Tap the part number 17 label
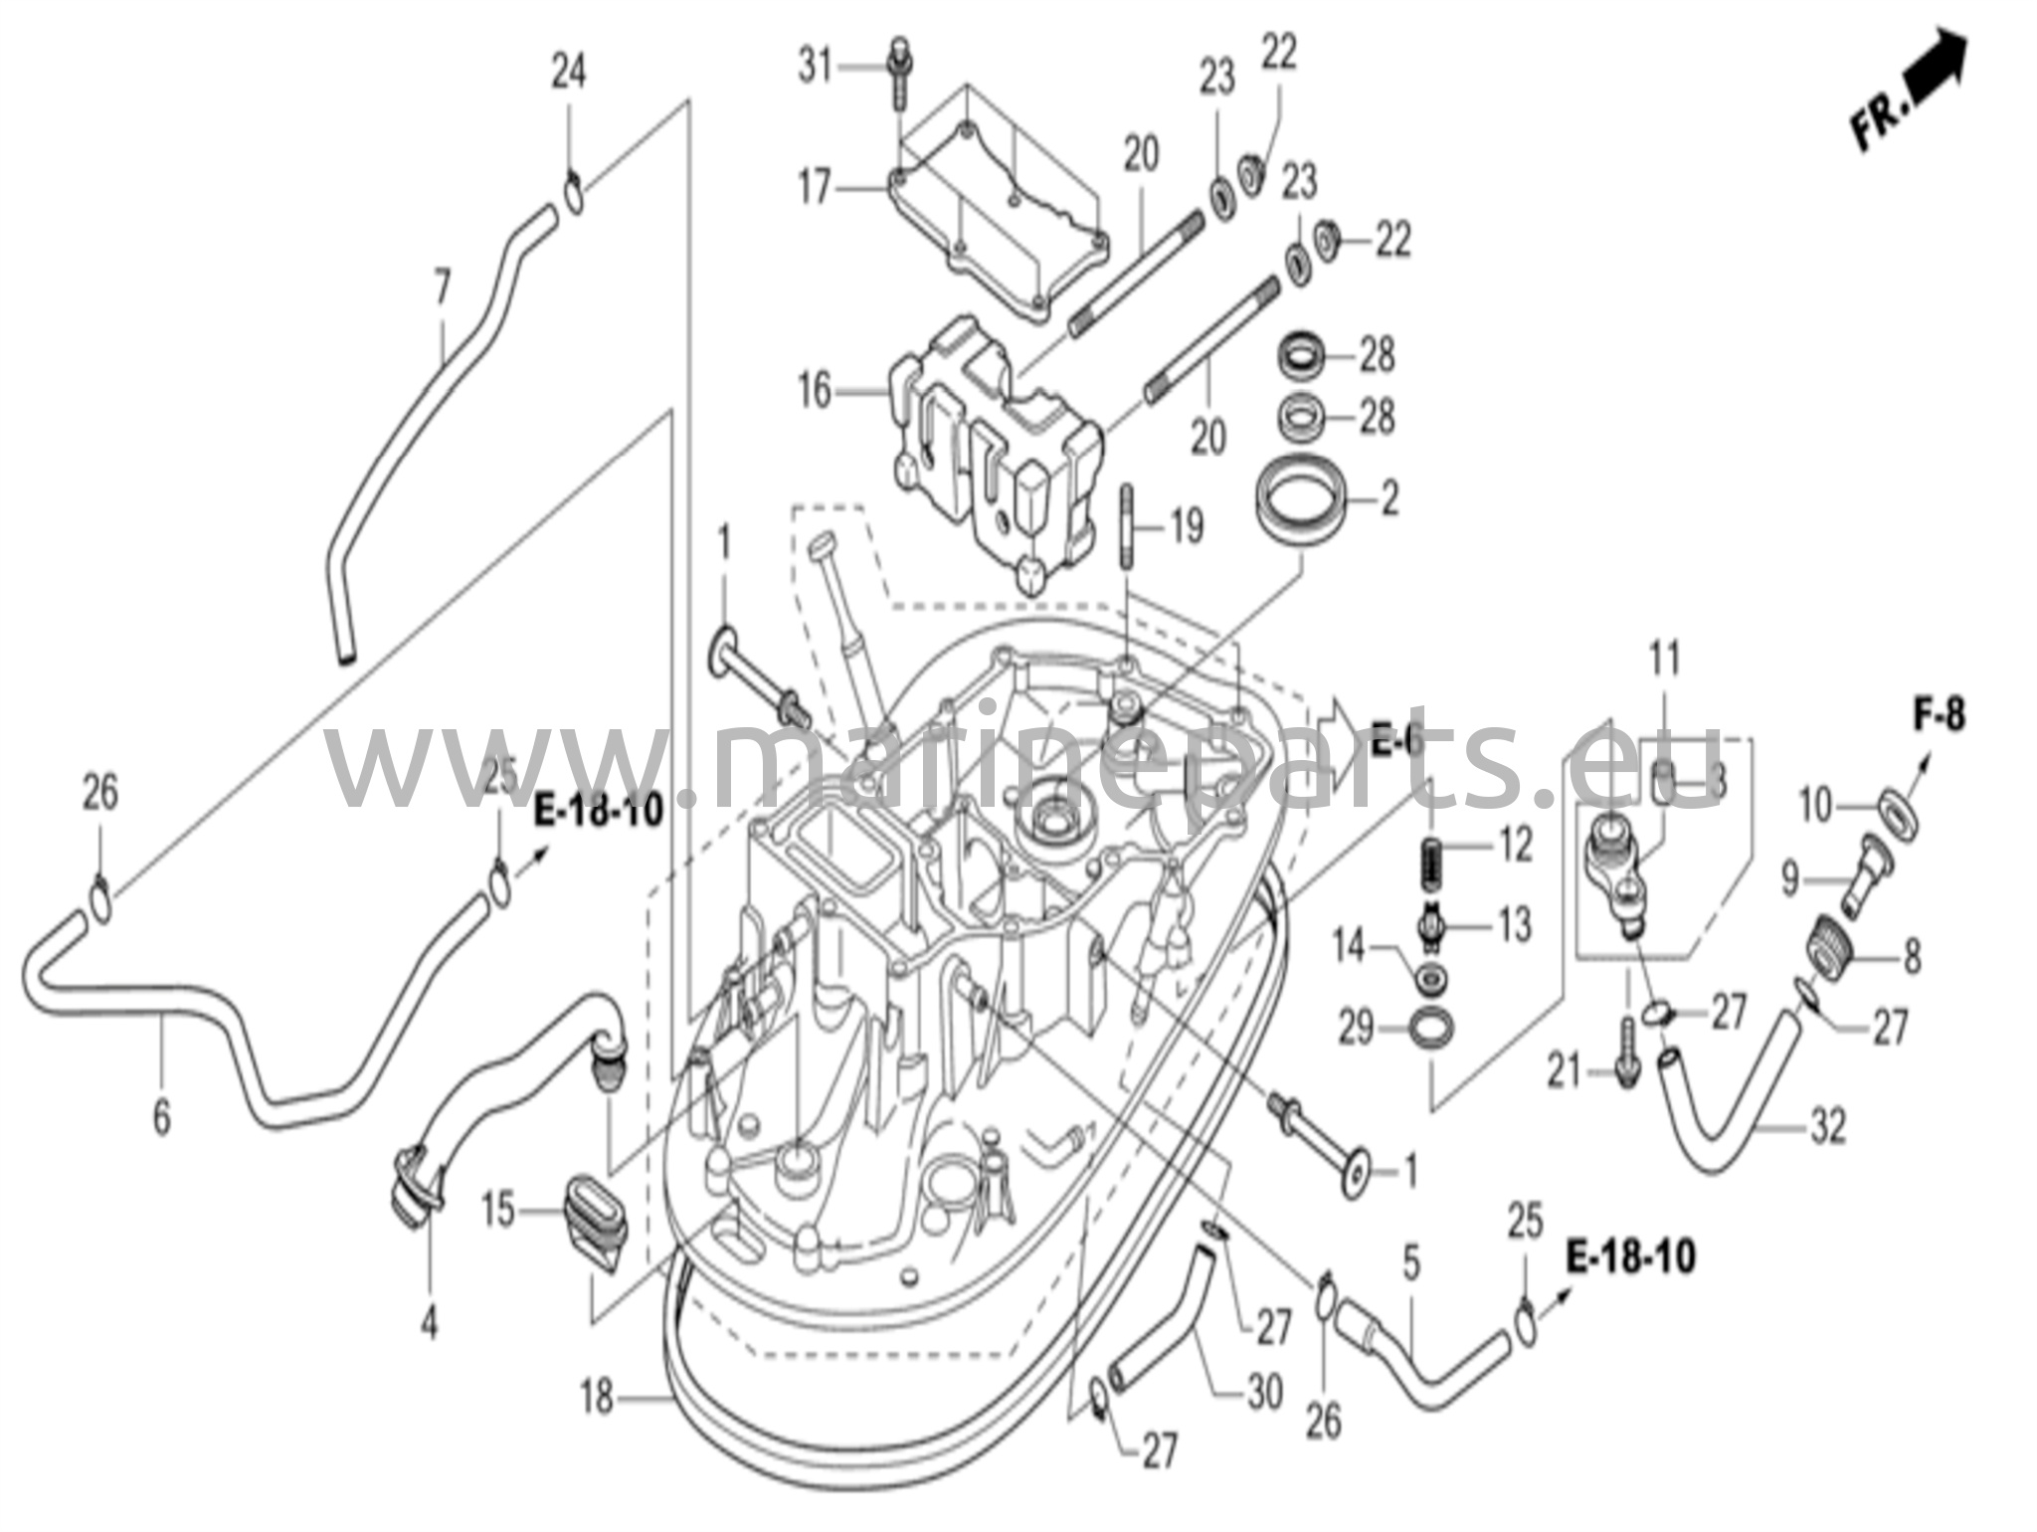point(815,187)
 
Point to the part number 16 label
point(815,391)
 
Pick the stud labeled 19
point(1127,526)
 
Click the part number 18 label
point(597,1400)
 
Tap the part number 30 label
point(1263,1393)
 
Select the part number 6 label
point(161,1116)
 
